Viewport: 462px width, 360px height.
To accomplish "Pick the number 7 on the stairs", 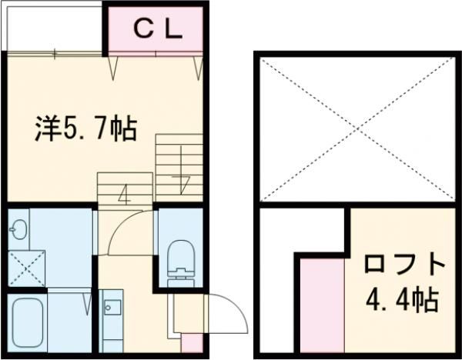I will [x=182, y=185].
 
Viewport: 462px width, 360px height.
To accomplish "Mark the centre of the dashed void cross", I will [x=355, y=129].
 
